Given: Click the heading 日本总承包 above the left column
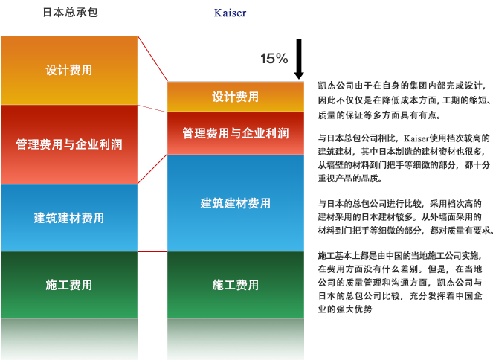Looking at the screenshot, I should click(x=70, y=13).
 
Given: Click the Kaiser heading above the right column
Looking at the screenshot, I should click(x=230, y=13).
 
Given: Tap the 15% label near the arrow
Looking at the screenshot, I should click(x=274, y=59).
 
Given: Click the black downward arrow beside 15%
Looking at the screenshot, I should click(x=299, y=59).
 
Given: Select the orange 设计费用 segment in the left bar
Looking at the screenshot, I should click(x=69, y=71).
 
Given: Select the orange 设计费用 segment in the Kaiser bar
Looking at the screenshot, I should click(x=236, y=97).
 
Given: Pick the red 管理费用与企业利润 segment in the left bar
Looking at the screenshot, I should click(x=69, y=144).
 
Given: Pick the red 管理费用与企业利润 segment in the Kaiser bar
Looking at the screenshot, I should click(x=236, y=133).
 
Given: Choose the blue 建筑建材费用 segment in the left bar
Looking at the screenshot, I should click(x=69, y=218).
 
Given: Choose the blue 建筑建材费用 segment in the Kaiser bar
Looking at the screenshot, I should click(x=236, y=203).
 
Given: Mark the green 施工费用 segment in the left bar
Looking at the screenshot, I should click(x=69, y=285).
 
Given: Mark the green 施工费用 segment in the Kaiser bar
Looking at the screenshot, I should click(x=236, y=285).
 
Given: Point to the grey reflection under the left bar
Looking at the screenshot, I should click(x=69, y=338).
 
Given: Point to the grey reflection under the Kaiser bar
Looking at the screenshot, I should click(x=236, y=338).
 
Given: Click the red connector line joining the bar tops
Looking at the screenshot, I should click(x=153, y=59).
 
